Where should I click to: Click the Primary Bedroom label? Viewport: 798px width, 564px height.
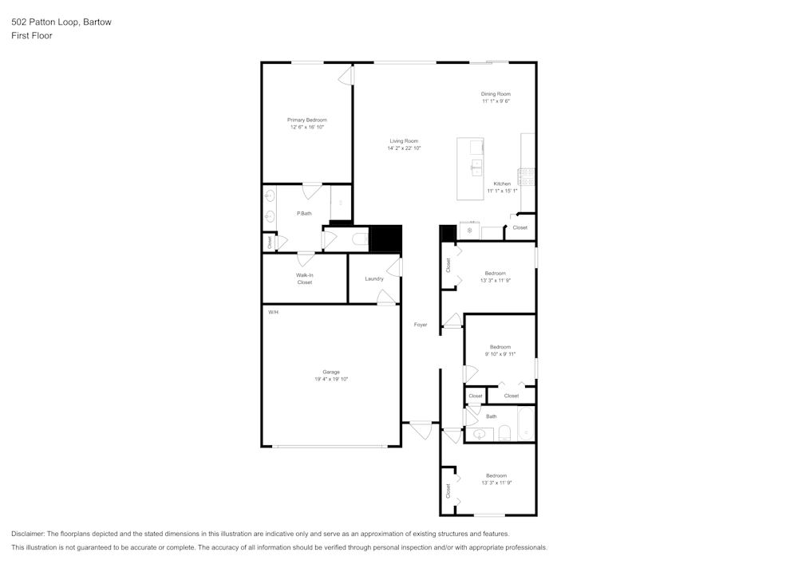307,120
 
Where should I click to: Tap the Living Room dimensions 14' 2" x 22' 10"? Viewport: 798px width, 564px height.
404,148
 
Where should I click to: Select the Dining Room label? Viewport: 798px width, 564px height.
496,94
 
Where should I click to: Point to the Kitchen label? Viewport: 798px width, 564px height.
502,183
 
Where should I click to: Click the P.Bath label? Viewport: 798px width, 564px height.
303,213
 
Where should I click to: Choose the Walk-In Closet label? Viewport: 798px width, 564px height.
304,278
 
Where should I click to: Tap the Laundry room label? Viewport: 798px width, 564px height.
373,278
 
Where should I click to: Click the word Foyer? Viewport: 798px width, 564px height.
421,325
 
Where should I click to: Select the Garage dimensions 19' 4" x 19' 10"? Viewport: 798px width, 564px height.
331,380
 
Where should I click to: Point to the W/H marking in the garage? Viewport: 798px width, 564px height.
273,312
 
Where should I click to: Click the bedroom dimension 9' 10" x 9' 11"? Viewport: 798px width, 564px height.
500,354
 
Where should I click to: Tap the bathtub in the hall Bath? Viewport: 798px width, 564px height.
525,424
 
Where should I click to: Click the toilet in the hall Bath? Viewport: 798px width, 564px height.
504,433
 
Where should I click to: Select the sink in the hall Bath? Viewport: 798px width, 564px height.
479,434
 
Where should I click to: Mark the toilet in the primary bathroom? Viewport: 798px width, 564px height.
359,239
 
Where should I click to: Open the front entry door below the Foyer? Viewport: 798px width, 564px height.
420,429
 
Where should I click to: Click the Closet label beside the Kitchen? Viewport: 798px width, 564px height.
519,228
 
